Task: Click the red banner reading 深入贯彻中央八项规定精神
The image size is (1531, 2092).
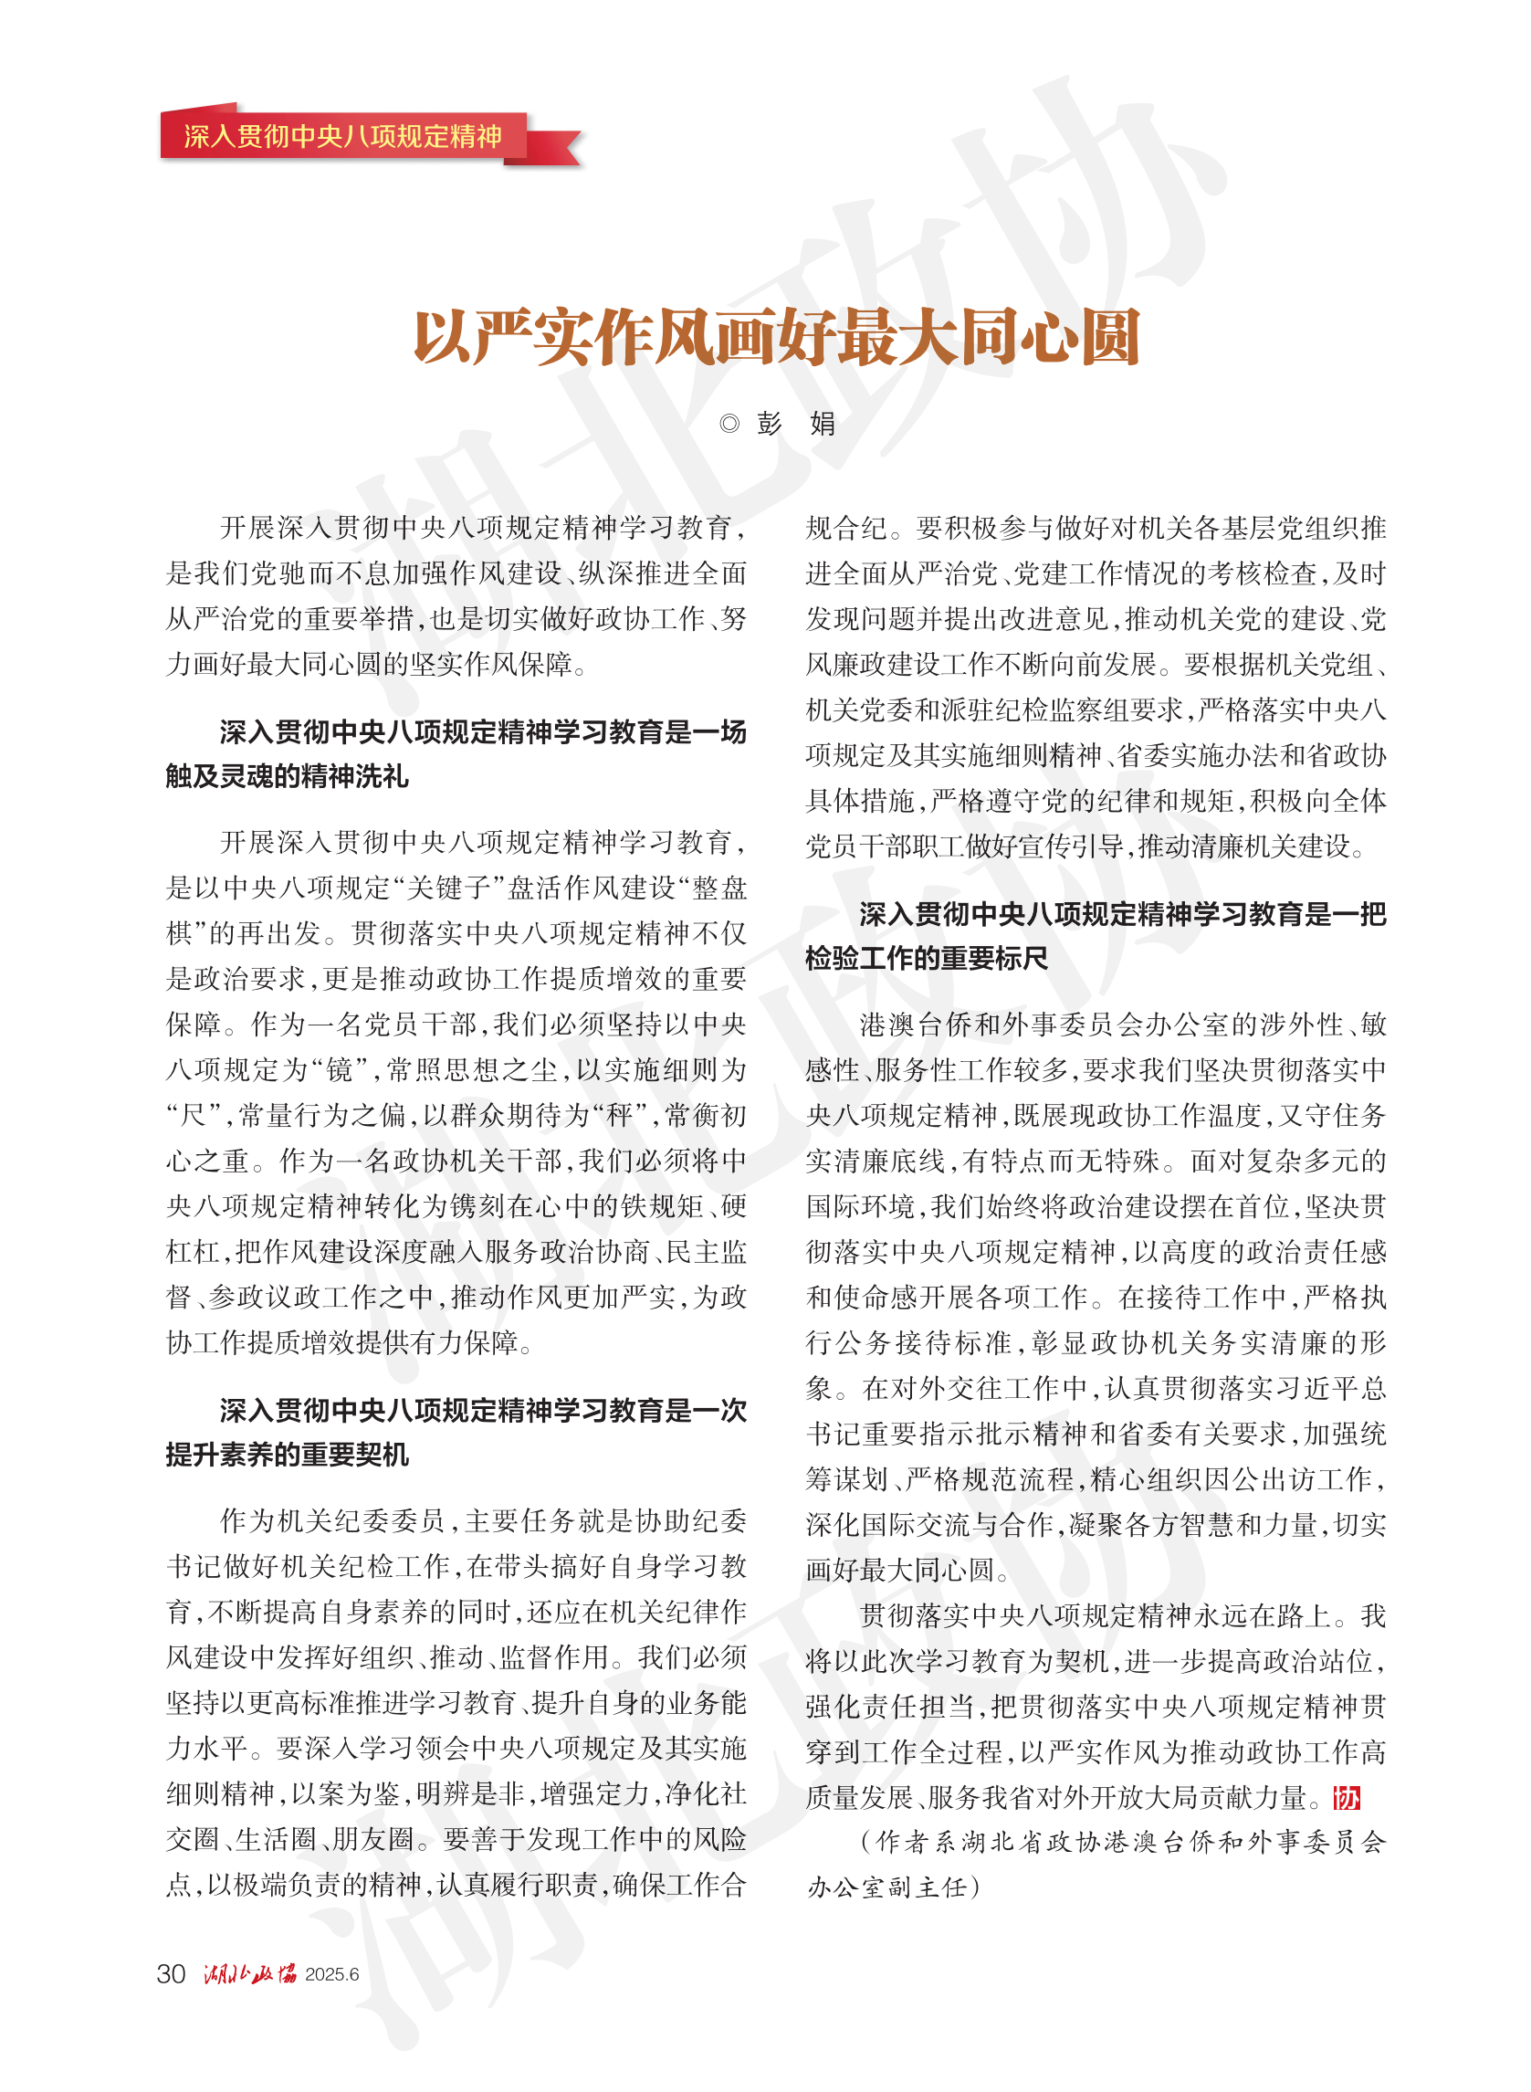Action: (343, 136)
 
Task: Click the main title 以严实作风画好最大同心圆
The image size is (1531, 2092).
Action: (776, 336)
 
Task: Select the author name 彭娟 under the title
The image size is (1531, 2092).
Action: (796, 424)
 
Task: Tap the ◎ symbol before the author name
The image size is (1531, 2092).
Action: (729, 424)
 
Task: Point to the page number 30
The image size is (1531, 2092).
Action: (172, 1974)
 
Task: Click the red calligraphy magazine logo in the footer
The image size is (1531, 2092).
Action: (249, 1974)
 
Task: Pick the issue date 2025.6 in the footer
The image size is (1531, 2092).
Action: (331, 1975)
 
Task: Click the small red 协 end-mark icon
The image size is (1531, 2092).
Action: (1347, 1798)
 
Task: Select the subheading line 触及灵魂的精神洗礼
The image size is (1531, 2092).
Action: (288, 777)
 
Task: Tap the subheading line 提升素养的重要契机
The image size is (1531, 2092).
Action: (288, 1455)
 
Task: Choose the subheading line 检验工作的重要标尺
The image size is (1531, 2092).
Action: (927, 959)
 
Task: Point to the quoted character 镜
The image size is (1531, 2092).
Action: (340, 1069)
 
